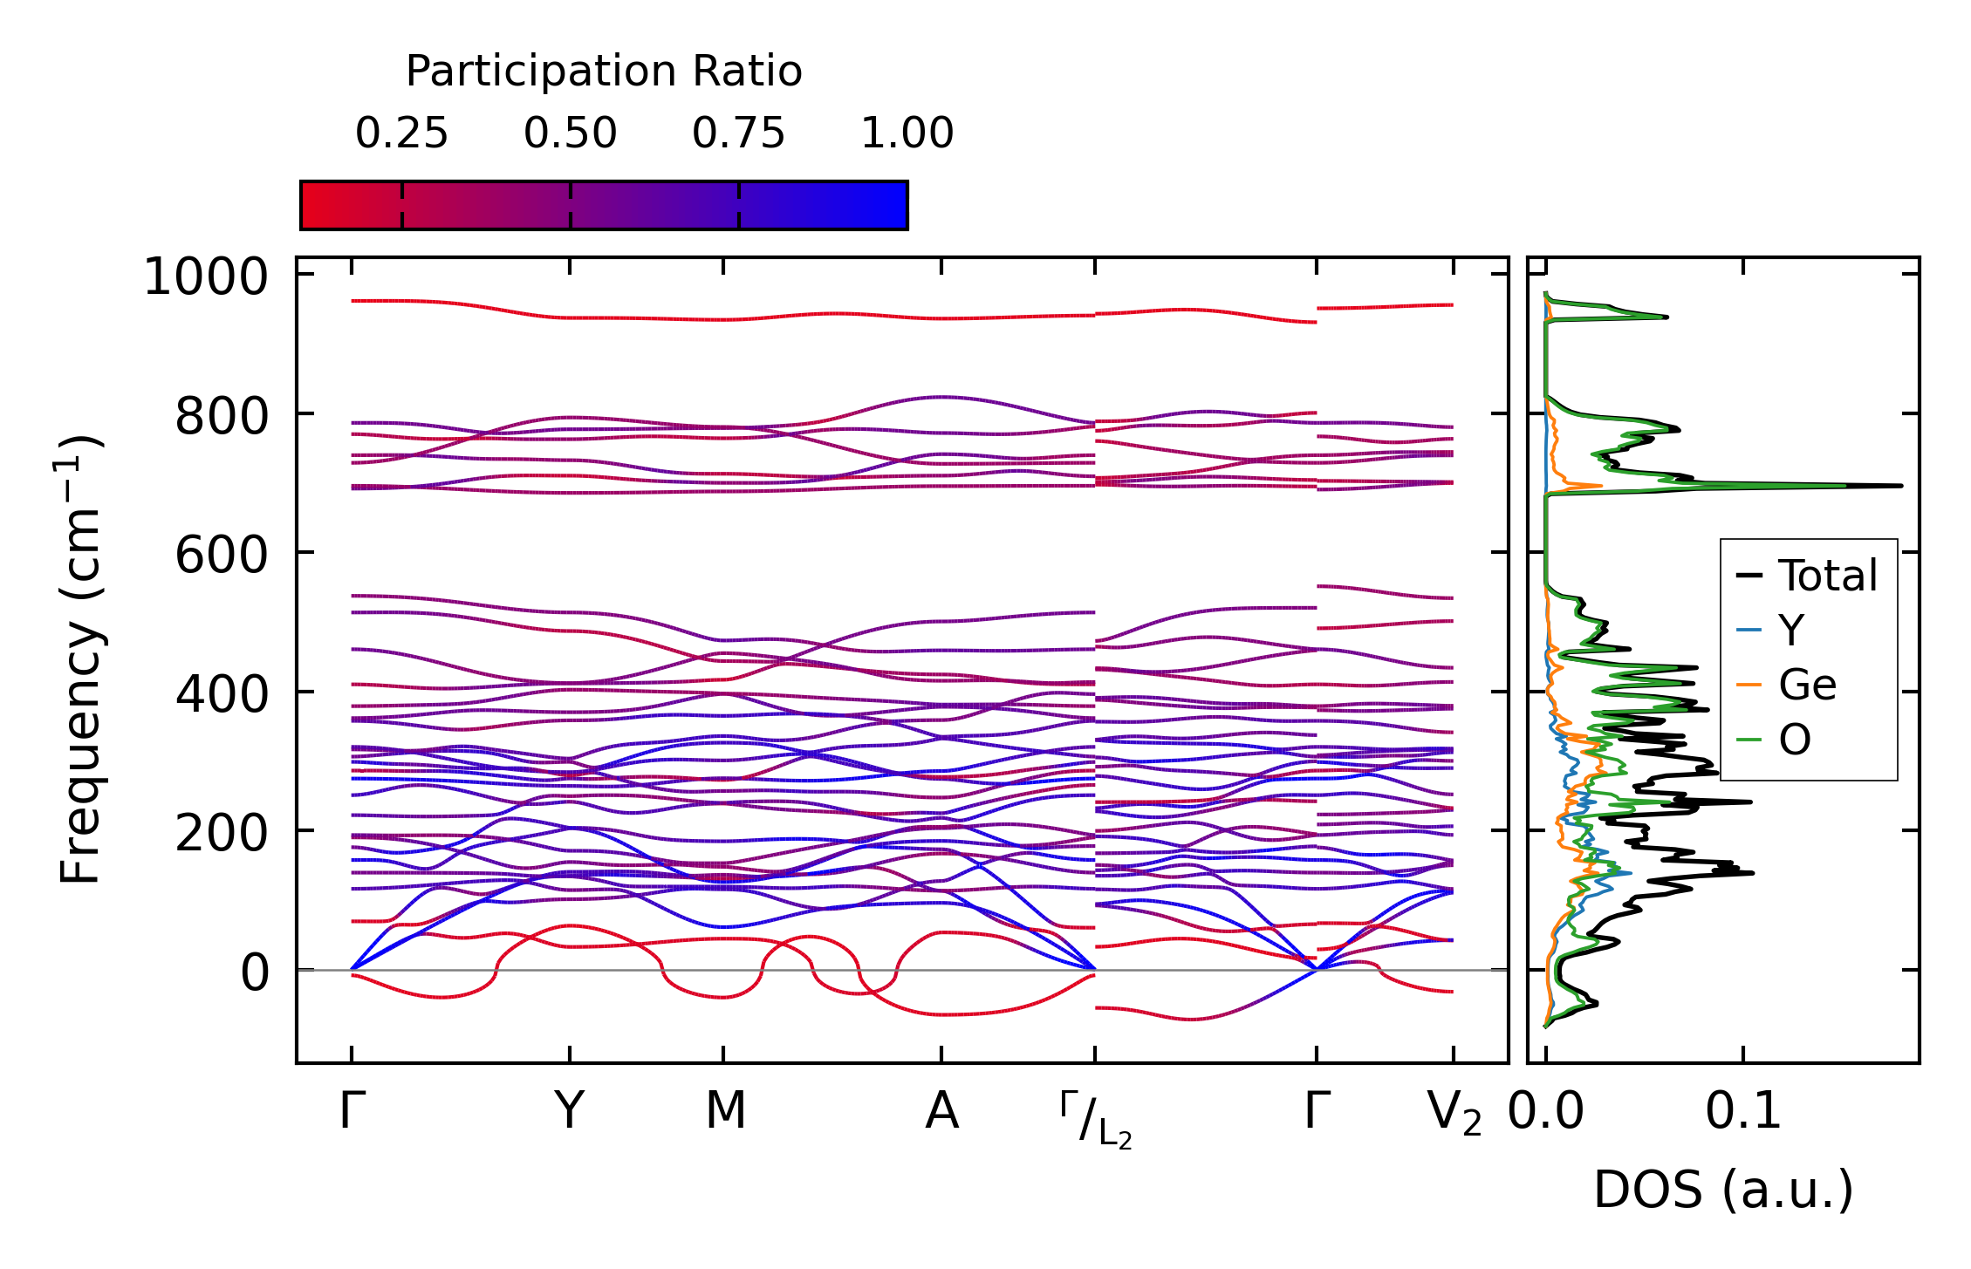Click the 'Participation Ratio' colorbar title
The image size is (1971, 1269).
click(x=604, y=72)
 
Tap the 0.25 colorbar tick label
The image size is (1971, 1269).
click(x=401, y=133)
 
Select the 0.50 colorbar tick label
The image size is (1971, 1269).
click(x=570, y=133)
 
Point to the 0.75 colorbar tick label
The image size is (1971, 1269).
click(x=738, y=133)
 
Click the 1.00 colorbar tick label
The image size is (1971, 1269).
click(x=907, y=133)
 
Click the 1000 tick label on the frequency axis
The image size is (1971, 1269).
click(x=206, y=278)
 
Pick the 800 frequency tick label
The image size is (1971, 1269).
click(x=222, y=417)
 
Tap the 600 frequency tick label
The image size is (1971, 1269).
click(x=222, y=556)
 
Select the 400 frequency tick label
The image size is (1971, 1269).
click(x=222, y=695)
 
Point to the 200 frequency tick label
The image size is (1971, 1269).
click(x=222, y=834)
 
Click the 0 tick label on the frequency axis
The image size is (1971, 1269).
click(x=255, y=972)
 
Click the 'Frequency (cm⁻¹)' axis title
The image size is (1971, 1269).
click(x=81, y=659)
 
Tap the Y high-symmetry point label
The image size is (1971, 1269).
click(x=569, y=1111)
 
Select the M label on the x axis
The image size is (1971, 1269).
click(x=725, y=1111)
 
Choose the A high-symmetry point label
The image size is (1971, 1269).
click(x=941, y=1111)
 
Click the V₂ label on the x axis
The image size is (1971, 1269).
click(x=1454, y=1114)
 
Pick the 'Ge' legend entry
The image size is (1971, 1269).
click(x=1807, y=686)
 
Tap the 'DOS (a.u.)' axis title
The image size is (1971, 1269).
click(x=1723, y=1191)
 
